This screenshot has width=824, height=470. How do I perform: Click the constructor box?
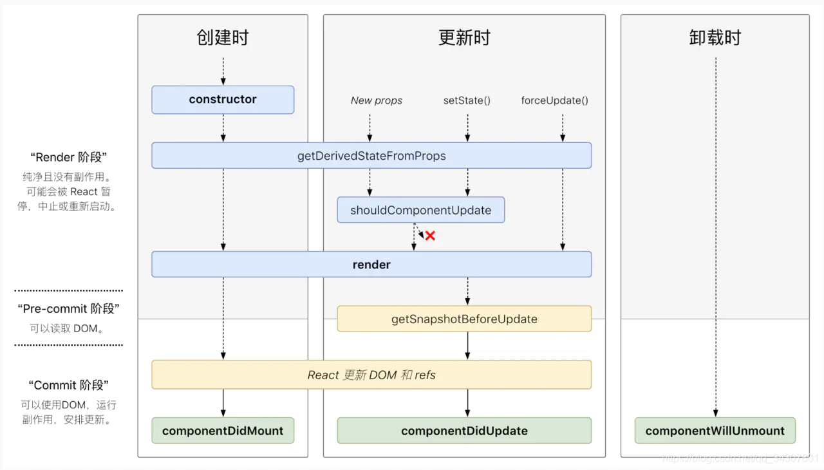(x=223, y=100)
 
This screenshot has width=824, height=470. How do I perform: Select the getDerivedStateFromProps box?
(x=371, y=156)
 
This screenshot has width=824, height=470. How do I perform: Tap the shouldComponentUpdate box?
(x=420, y=211)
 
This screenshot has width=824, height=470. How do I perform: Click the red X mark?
(x=430, y=236)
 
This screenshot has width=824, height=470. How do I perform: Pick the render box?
(x=371, y=265)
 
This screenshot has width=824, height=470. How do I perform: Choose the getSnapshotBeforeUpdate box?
(x=464, y=319)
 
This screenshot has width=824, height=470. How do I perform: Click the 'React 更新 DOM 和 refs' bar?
(x=371, y=375)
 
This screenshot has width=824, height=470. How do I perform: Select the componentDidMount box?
(x=223, y=431)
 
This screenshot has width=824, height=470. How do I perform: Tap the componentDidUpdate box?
(x=464, y=431)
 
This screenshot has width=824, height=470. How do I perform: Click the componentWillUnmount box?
(x=715, y=431)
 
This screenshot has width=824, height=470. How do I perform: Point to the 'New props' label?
(x=377, y=100)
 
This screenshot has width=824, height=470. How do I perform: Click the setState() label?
(x=467, y=100)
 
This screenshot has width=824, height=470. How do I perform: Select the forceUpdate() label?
(x=554, y=100)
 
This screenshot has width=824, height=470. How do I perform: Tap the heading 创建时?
(x=223, y=37)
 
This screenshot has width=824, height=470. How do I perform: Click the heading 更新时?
(x=464, y=37)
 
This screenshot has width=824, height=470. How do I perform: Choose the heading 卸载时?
(x=715, y=37)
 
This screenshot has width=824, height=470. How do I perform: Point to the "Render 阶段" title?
(x=68, y=157)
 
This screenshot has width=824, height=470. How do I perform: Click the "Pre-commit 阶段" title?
(x=68, y=309)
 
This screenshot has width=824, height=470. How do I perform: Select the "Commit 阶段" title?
(x=68, y=385)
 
